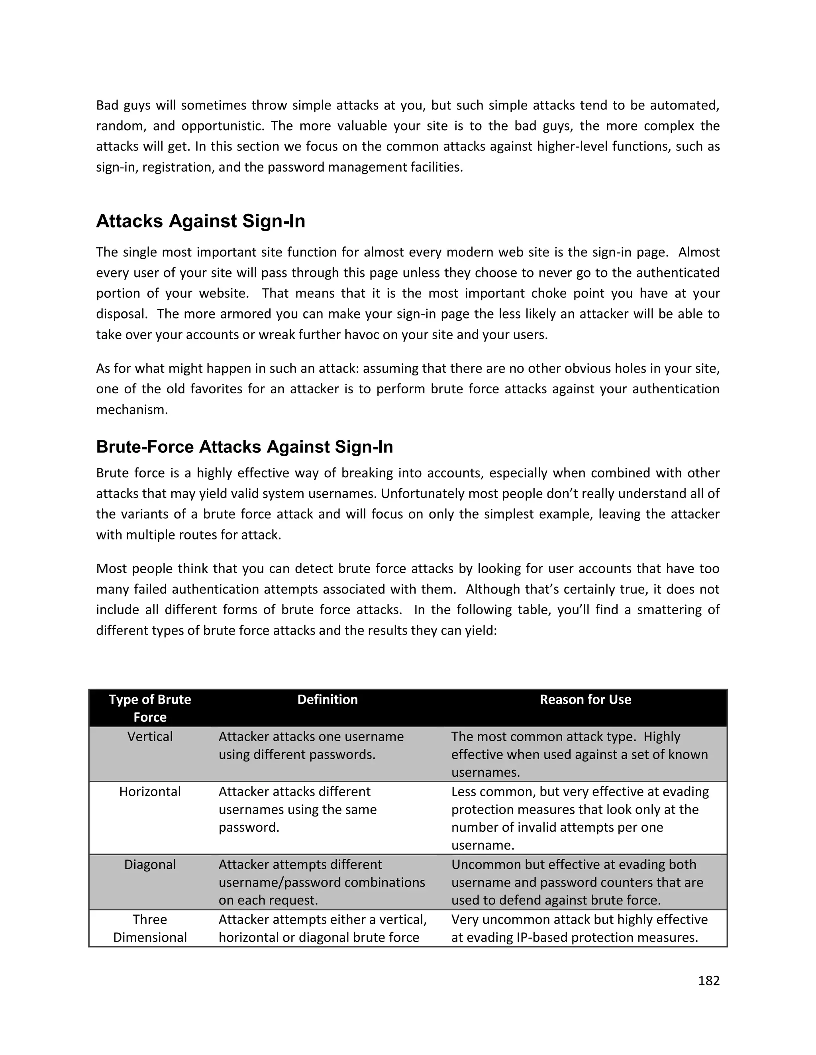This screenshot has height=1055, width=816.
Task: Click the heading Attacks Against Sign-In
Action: click(x=201, y=221)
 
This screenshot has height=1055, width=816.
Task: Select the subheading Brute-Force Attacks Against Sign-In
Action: click(x=244, y=447)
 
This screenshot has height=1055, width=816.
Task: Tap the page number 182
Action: click(x=709, y=981)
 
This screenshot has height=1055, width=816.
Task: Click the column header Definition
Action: click(x=327, y=699)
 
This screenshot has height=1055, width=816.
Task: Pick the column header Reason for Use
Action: click(x=585, y=699)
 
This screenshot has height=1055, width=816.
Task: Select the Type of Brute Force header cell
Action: click(x=150, y=708)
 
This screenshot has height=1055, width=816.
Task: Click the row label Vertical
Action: click(x=150, y=737)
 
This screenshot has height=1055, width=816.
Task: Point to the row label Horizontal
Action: click(x=150, y=792)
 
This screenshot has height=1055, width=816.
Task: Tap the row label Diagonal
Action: click(x=150, y=864)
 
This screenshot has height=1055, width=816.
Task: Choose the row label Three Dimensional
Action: click(x=150, y=928)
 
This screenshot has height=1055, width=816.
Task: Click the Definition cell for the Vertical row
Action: click(x=311, y=746)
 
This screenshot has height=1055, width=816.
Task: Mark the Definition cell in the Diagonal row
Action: click(x=322, y=883)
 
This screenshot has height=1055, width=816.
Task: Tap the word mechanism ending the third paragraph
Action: click(x=131, y=410)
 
